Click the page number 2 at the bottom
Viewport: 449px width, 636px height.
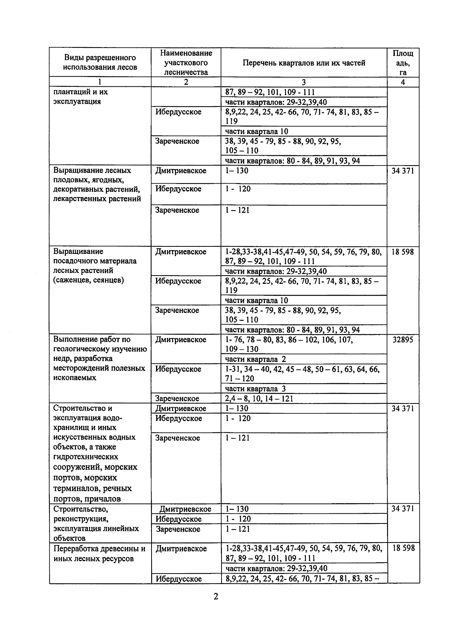tap(216, 596)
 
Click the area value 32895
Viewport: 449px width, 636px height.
tap(403, 339)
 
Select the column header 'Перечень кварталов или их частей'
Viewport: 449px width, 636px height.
tap(303, 63)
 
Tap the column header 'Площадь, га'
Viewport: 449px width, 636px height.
tap(403, 63)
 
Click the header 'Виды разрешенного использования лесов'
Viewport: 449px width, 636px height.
tap(100, 62)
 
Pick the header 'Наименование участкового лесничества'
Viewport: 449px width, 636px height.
tap(186, 62)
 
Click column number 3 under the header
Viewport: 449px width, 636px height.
tap(303, 82)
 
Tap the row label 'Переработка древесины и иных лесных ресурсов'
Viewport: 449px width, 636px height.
tap(99, 554)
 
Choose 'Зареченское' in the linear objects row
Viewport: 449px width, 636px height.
tap(178, 529)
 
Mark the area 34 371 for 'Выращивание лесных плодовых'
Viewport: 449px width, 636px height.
tap(403, 171)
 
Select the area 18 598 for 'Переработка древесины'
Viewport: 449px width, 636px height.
tap(403, 548)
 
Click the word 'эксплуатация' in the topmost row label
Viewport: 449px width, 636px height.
tap(77, 102)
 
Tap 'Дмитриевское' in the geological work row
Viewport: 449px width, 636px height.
tap(181, 339)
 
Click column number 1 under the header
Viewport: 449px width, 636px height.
tap(100, 82)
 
